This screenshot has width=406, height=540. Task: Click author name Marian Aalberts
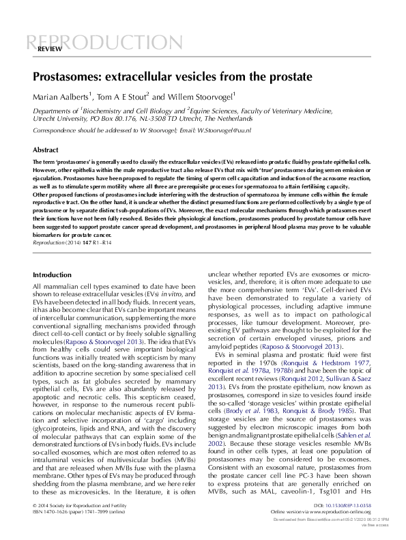click(61, 96)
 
